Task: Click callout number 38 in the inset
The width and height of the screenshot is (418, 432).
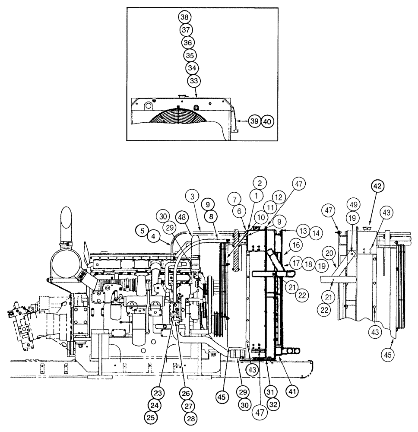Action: pos(185,17)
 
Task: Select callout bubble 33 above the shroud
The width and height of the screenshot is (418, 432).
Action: pos(194,81)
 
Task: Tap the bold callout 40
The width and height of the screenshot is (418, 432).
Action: pos(267,121)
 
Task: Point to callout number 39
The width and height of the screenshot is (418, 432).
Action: pos(255,121)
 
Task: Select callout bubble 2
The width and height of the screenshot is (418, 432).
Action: pos(260,183)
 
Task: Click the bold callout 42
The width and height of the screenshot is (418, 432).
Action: pos(378,187)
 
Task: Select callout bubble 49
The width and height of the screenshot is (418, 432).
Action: pos(353,204)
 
